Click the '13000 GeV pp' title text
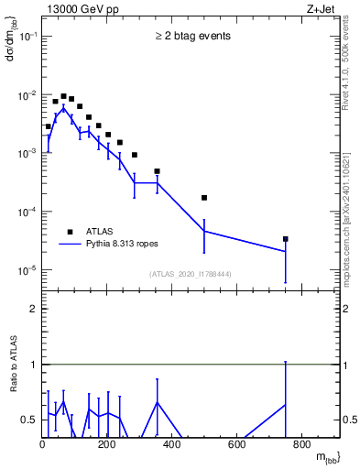79,8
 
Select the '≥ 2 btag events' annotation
192,37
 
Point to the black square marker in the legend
70,232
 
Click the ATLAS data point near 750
286,239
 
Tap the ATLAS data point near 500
204,198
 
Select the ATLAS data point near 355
157,171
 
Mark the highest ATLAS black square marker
63,95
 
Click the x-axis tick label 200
107,446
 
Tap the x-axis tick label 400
172,446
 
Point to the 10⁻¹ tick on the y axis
27,36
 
